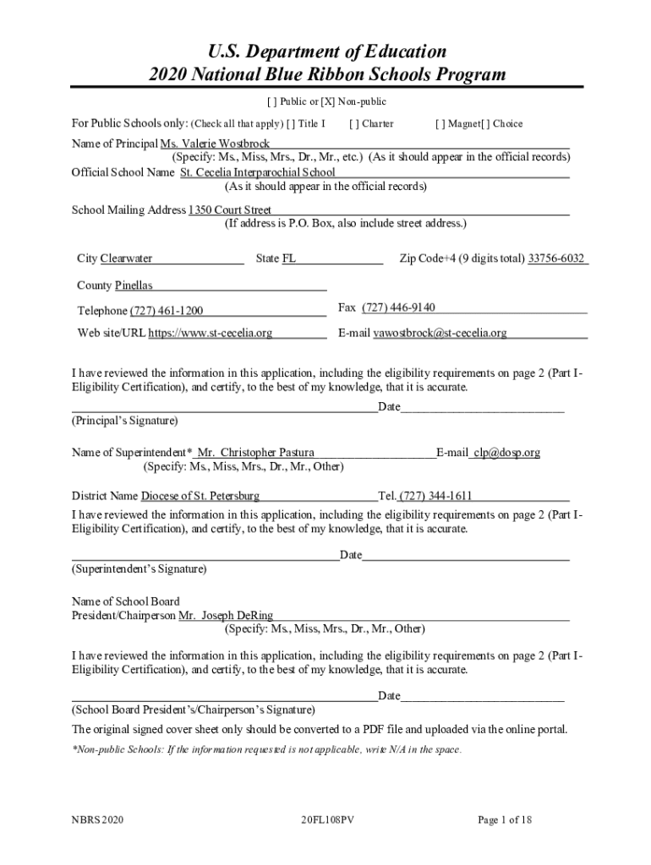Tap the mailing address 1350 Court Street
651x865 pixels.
coord(230,209)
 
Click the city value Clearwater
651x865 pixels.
coord(127,258)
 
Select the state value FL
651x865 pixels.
coord(288,258)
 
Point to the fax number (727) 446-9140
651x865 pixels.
coord(398,307)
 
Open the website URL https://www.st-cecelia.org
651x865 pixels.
coord(211,333)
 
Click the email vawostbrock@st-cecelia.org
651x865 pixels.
coord(440,333)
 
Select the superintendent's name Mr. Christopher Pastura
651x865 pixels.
coord(260,453)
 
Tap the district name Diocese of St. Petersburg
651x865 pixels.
coord(200,496)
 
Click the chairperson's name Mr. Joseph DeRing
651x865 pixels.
coord(226,616)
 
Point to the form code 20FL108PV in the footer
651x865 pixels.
coord(326,820)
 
